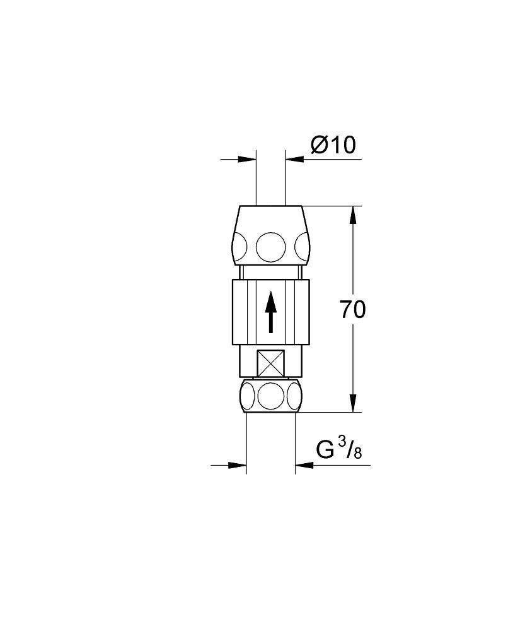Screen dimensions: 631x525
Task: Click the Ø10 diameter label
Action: pos(333,145)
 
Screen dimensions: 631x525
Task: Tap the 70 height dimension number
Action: pos(352,310)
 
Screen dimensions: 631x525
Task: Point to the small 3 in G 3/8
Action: pos(342,445)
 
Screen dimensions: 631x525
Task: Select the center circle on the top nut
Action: pos(271,246)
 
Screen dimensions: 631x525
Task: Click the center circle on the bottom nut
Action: pos(271,395)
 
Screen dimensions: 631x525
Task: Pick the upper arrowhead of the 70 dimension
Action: pos(352,215)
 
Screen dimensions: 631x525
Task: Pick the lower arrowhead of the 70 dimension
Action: pos(352,403)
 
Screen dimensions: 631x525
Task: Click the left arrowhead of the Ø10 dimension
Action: pos(249,160)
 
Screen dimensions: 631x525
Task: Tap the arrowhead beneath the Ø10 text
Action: pos(294,160)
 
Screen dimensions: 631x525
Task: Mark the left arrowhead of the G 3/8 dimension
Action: pos(238,466)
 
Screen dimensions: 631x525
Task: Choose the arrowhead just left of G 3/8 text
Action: pos(303,466)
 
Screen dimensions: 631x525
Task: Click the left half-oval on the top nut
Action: pos(241,246)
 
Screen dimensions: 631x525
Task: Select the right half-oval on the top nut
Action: pos(301,246)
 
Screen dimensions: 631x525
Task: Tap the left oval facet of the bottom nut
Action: pos(246,396)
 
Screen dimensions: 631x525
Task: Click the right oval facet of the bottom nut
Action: pos(295,396)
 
